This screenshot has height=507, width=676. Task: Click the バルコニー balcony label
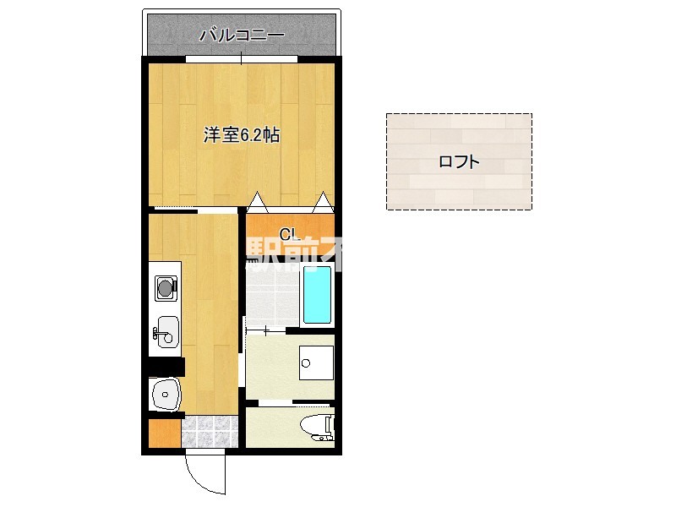(x=242, y=35)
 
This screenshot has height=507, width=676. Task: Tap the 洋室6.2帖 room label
(x=241, y=134)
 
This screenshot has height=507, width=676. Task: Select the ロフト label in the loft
(x=460, y=162)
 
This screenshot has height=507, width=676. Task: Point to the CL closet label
(x=287, y=234)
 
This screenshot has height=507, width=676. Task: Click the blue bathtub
(x=317, y=295)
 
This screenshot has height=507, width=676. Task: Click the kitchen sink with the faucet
(x=166, y=330)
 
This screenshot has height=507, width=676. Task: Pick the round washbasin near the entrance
(x=165, y=393)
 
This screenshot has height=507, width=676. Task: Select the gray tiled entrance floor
(x=209, y=432)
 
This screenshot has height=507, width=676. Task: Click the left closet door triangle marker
(x=257, y=202)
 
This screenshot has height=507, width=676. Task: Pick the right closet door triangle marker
(x=322, y=202)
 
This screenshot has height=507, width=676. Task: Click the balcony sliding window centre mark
(x=242, y=58)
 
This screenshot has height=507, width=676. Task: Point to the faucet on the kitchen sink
(x=157, y=334)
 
